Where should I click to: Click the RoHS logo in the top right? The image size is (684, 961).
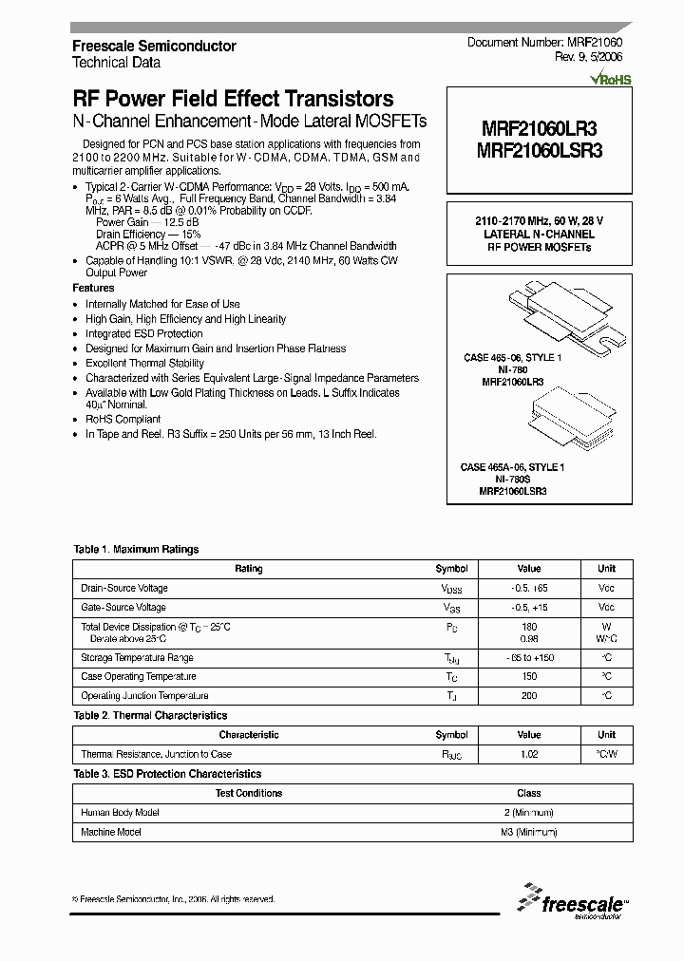pos(610,80)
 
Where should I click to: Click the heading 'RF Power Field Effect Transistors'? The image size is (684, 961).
pos(233,99)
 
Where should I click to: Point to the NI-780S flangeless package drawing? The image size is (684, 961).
pos(563,421)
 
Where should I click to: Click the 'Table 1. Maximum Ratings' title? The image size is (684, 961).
pos(136,549)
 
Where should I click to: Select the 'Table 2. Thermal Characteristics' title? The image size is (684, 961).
pos(150,715)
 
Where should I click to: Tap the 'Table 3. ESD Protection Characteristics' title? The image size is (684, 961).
pos(167,774)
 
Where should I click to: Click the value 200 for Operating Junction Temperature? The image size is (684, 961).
pos(529,696)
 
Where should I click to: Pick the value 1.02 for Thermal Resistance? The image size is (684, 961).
pos(529,754)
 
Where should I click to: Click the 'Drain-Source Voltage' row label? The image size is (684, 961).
pos(124,589)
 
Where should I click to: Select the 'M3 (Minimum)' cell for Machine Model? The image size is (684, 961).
pos(529,832)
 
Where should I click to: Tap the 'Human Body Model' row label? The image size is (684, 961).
pos(120,813)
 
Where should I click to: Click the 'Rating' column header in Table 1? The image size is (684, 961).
pos(248,569)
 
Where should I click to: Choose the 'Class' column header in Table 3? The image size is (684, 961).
pos(529,793)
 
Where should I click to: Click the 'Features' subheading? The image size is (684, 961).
pos(93,288)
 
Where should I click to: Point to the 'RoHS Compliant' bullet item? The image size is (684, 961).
pos(123,419)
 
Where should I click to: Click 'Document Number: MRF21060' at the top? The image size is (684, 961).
pos(544,44)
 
